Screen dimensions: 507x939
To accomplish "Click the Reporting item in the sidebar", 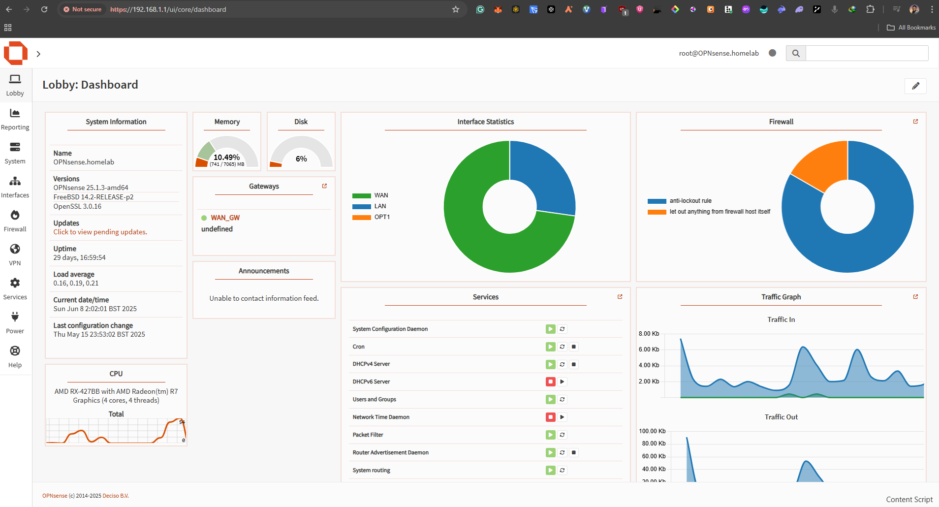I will [x=15, y=120].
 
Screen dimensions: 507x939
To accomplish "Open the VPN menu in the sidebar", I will [x=15, y=255].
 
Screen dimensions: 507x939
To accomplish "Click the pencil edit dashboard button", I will [x=915, y=86].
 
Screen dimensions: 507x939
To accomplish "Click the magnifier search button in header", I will [x=796, y=53].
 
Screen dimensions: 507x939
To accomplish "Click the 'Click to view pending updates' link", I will [x=100, y=232].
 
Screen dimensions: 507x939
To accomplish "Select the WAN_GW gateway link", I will [x=225, y=218].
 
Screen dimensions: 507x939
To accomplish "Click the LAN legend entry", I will [x=379, y=206].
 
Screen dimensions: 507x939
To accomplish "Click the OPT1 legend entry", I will [x=381, y=217].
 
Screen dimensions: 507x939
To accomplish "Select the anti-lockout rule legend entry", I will [x=690, y=201].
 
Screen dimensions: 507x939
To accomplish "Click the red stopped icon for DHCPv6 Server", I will [x=550, y=381].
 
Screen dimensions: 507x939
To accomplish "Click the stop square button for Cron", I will [x=574, y=347].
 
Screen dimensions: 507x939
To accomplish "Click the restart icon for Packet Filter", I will [x=562, y=435].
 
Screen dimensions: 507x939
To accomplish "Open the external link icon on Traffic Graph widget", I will [x=915, y=297].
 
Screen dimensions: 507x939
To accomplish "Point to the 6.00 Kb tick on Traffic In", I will [x=649, y=349].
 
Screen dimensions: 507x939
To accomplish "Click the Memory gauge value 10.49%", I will [x=226, y=158].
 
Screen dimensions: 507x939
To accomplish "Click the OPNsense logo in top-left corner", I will [x=16, y=53].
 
